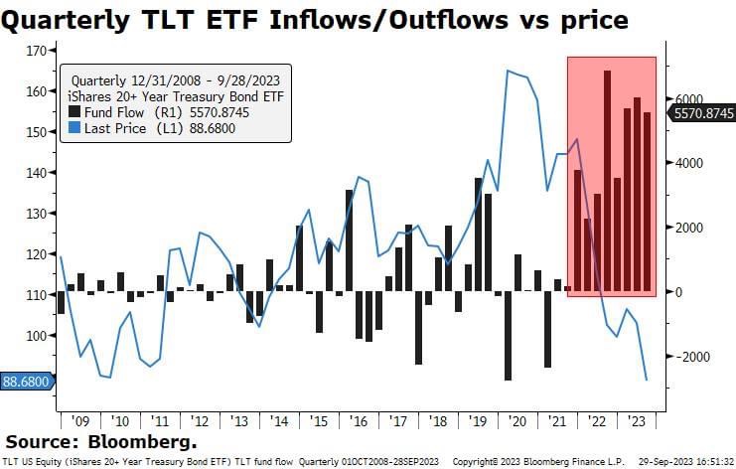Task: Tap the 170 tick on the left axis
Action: (x=37, y=50)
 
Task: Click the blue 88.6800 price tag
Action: (x=26, y=381)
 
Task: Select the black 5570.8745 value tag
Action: (x=702, y=114)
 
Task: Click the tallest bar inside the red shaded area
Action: (x=607, y=181)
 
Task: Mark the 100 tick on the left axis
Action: (x=37, y=336)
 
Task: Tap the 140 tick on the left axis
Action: (x=37, y=173)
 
